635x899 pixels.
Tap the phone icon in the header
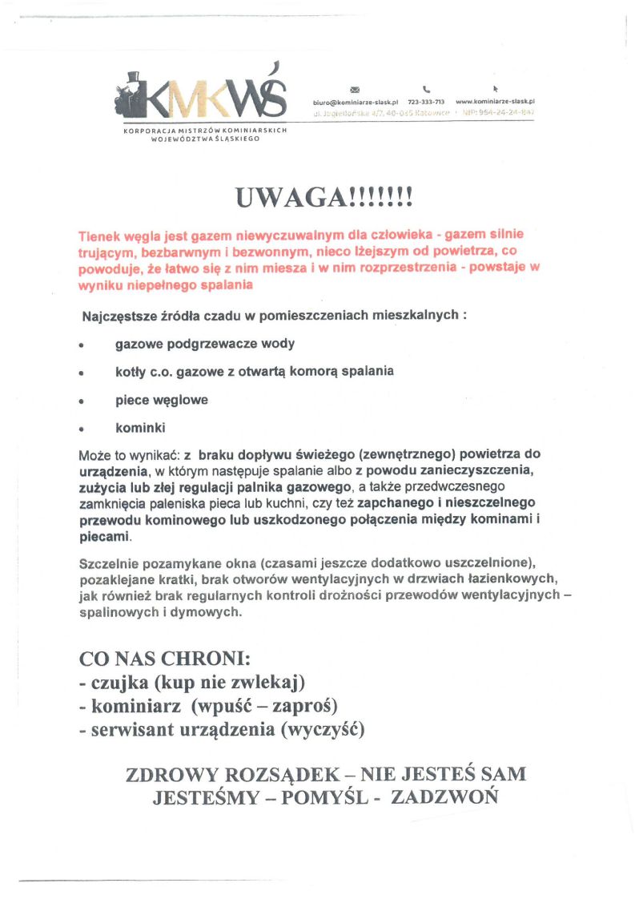(426, 89)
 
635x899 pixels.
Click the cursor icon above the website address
(495, 88)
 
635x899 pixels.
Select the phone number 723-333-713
(426, 103)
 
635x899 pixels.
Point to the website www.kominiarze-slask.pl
(495, 103)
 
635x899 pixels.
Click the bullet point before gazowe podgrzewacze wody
(82, 345)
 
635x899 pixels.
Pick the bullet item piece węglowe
(161, 400)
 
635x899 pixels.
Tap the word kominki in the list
(140, 428)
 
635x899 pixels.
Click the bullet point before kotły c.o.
(82, 373)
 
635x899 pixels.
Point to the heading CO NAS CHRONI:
(165, 659)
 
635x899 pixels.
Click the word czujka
(119, 683)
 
